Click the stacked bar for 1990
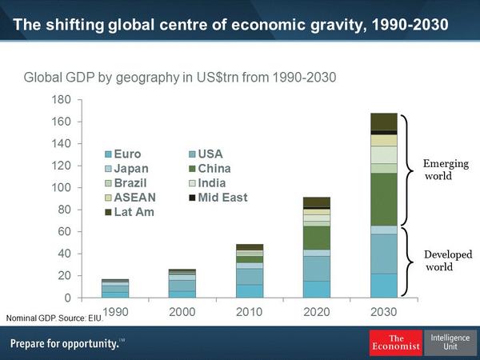[115, 289]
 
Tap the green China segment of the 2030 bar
[384, 199]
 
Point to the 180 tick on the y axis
[61, 100]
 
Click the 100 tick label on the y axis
[61, 188]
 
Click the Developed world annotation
[447, 260]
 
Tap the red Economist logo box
[395, 342]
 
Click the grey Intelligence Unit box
[450, 342]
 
